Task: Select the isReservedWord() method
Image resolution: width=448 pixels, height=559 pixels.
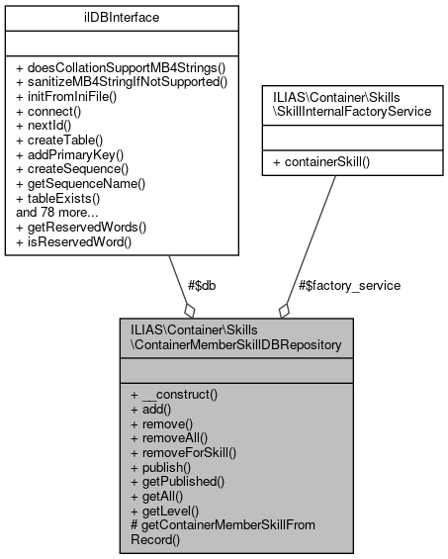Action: click(74, 240)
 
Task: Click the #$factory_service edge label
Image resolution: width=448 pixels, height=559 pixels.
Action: click(349, 286)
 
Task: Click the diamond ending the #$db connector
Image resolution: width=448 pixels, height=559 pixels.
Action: click(188, 311)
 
